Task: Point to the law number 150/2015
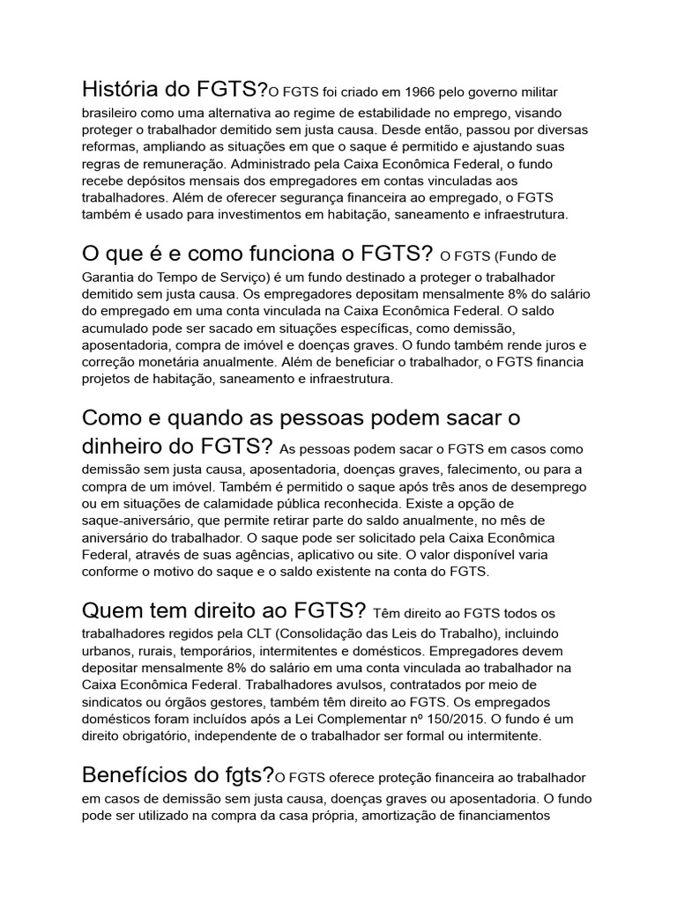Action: point(416,718)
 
